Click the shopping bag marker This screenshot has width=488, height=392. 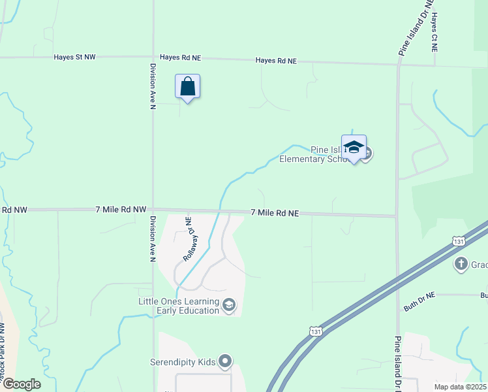click(x=187, y=88)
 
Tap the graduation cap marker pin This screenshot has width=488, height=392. click(x=354, y=148)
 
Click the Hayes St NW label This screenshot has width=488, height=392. click(x=75, y=57)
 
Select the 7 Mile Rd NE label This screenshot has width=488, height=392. click(x=275, y=213)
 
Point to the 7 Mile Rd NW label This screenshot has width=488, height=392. click(x=121, y=210)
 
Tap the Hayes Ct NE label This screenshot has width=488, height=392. click(x=434, y=31)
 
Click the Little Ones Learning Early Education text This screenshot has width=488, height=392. click(x=179, y=306)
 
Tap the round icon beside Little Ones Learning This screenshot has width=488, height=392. click(x=229, y=305)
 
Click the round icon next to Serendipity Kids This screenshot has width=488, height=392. click(x=225, y=361)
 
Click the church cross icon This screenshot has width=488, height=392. click(x=461, y=264)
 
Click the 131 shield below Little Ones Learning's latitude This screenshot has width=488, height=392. click(x=316, y=332)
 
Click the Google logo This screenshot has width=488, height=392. click(x=21, y=384)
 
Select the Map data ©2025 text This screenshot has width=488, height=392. click(x=459, y=387)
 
